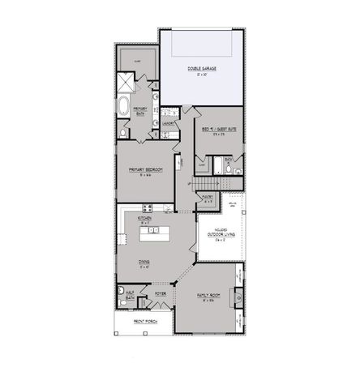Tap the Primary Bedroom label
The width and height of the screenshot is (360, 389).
(146, 170)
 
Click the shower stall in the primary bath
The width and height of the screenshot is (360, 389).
(126, 82)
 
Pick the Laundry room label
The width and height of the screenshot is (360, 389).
(169, 123)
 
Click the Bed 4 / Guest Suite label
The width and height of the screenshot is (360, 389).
(218, 129)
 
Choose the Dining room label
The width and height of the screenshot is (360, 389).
(144, 262)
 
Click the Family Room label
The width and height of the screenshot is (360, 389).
(210, 297)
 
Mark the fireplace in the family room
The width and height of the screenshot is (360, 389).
(238, 297)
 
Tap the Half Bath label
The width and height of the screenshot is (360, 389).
(131, 296)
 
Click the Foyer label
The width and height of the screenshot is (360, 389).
(161, 294)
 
